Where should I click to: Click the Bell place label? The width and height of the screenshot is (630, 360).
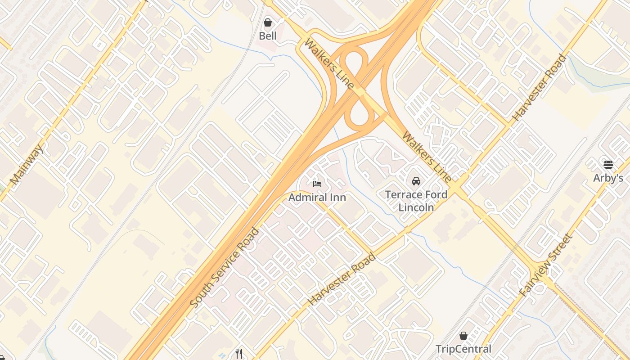[268, 36]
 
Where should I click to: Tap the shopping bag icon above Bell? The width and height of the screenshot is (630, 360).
[268, 22]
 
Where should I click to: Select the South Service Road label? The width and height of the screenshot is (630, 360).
[225, 268]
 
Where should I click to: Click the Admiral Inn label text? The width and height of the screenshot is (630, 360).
[317, 197]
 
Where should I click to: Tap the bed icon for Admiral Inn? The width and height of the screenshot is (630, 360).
[317, 184]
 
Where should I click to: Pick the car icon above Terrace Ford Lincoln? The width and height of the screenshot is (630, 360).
[416, 181]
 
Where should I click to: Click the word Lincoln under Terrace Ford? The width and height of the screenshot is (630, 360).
[416, 207]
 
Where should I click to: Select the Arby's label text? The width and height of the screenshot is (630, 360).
[608, 178]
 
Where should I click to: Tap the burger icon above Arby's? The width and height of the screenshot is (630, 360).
[608, 165]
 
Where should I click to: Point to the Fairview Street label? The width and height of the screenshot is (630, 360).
[545, 265]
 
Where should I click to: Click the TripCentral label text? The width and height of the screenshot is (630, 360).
[463, 349]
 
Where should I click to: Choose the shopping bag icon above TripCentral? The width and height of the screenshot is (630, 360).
[463, 336]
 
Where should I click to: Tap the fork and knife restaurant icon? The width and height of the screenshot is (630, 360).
[239, 354]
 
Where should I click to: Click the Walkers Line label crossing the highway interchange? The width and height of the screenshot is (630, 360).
[328, 63]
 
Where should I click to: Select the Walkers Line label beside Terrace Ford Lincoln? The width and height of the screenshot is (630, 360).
[427, 157]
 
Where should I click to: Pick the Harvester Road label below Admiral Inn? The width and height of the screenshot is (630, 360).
[342, 279]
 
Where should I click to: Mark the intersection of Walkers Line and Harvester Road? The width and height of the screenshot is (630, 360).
[459, 187]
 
